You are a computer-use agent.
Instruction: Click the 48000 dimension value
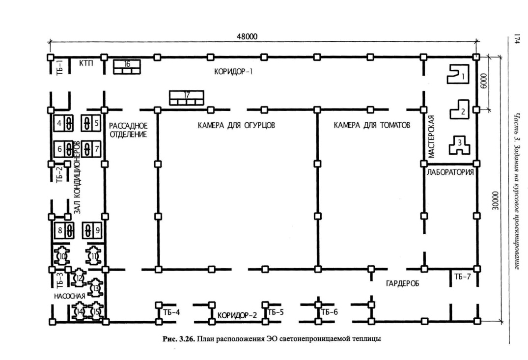click(247, 36)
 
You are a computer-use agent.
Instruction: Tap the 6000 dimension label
click(483, 81)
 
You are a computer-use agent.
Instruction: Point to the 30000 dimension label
click(495, 201)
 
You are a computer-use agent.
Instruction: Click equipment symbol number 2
click(459, 109)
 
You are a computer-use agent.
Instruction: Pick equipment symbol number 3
click(459, 145)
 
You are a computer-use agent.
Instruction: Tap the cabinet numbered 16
click(127, 67)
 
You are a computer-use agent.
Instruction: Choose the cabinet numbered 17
click(187, 98)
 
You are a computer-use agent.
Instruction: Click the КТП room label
click(86, 63)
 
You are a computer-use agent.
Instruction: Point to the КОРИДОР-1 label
click(233, 72)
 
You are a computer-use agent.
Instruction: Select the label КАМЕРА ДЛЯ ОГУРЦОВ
click(236, 126)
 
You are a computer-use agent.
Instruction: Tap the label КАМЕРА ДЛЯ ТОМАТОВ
click(372, 125)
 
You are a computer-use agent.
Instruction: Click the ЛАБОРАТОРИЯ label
click(450, 172)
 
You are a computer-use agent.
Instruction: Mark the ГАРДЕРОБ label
click(402, 284)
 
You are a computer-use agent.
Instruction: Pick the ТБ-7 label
click(462, 277)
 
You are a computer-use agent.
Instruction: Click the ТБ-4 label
click(171, 312)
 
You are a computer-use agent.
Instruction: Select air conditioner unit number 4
click(64, 123)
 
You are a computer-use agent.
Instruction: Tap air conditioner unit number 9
click(92, 230)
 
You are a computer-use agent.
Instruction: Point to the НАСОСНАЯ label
click(69, 296)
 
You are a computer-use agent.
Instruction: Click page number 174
click(516, 39)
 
